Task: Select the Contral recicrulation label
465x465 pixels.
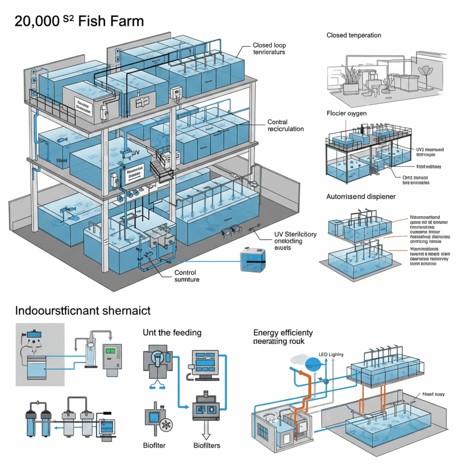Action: (x=286, y=125)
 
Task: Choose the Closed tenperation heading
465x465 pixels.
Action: (x=354, y=35)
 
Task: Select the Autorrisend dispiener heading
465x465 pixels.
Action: (x=361, y=197)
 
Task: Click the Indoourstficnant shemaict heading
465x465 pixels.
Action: (x=83, y=311)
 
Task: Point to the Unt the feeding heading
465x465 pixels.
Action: (x=172, y=332)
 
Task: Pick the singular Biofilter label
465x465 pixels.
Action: (x=154, y=445)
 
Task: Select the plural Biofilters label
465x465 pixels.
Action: (x=207, y=445)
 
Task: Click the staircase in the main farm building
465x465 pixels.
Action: (x=161, y=168)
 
